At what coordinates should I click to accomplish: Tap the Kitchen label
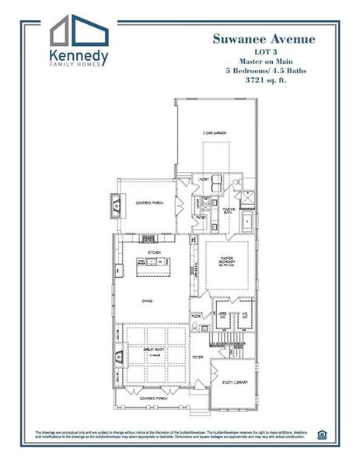(154, 253)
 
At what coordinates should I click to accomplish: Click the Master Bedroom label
(226, 259)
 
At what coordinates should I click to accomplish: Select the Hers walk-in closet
(219, 314)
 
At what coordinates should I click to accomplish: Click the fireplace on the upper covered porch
(117, 204)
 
